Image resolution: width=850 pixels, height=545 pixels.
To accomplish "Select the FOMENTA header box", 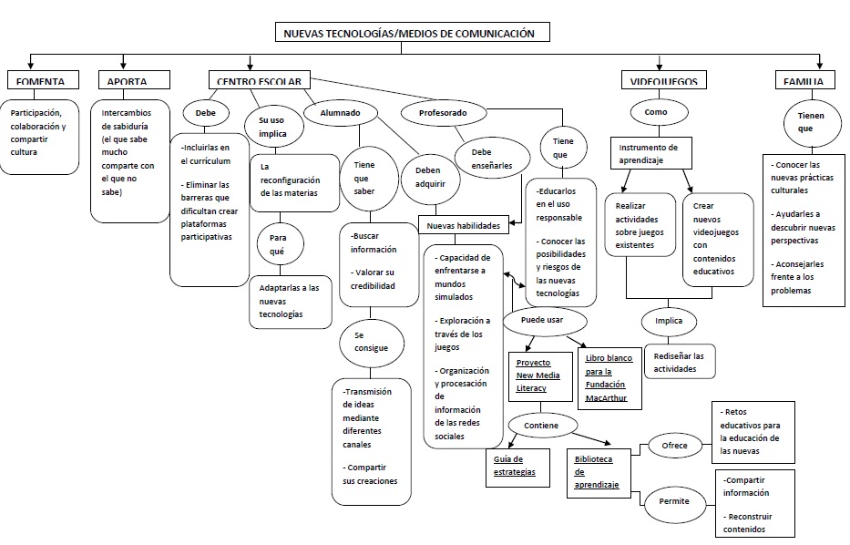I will click(x=43, y=81).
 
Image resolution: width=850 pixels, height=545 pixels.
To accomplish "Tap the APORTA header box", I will click(x=127, y=81).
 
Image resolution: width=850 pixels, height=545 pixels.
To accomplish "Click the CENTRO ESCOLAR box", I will click(x=259, y=81).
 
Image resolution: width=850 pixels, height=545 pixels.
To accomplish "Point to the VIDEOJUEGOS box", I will click(x=663, y=81).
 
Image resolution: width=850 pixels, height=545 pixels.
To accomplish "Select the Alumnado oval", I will click(x=339, y=113).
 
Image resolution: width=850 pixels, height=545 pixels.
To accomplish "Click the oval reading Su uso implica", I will click(x=272, y=125).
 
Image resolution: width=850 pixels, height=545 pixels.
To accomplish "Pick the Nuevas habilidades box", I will click(x=464, y=225).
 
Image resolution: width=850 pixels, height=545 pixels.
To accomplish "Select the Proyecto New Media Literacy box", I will click(x=538, y=375).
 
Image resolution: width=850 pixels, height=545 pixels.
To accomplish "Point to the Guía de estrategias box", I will click(x=517, y=465).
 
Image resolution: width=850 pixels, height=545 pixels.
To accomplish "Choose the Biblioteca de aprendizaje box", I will click(x=599, y=472).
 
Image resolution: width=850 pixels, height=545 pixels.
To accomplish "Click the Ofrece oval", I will click(x=675, y=446).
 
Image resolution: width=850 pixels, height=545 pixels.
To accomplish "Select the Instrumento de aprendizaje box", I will click(x=650, y=152).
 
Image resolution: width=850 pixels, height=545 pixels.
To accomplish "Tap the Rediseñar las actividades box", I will click(x=679, y=362).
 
